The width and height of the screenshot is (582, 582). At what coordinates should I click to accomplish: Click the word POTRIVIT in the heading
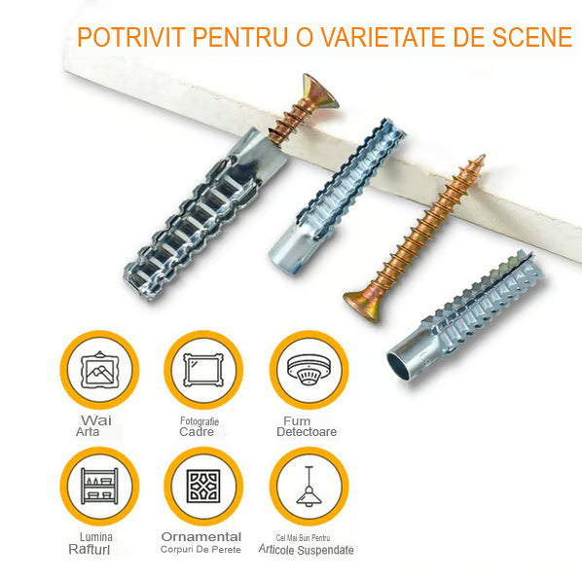pos(131,37)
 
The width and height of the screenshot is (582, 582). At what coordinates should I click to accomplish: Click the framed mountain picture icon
pos(99,370)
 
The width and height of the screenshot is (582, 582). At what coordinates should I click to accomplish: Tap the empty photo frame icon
pos(203,370)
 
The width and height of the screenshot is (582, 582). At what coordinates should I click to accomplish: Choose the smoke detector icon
pos(309,370)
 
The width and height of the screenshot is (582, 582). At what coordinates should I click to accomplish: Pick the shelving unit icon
pos(99,486)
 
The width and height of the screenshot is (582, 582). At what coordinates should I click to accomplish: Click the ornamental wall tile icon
pos(203,486)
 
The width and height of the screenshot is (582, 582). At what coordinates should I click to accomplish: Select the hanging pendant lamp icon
pos(309,487)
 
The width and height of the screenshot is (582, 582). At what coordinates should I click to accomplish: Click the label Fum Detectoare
pos(307,426)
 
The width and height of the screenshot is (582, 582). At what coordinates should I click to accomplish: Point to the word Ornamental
pos(201,536)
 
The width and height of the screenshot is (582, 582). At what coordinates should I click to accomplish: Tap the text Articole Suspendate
pos(307,550)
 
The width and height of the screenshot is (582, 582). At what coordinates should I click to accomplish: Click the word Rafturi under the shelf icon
pos(90,549)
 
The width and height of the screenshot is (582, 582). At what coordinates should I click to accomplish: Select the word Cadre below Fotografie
pos(197,432)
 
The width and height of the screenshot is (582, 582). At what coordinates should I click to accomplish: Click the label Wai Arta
pos(93,426)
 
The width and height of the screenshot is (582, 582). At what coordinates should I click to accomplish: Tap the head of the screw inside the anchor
pos(321,91)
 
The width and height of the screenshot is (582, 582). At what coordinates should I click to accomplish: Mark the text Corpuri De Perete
pos(200,549)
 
